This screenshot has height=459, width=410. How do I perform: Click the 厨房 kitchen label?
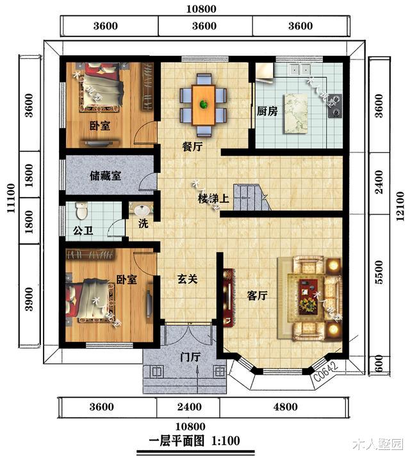[267, 111]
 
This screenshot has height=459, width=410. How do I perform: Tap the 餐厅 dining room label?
[192, 147]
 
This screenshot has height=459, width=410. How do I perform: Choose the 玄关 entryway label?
[187, 280]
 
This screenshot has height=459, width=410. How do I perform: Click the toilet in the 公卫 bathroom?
[81, 210]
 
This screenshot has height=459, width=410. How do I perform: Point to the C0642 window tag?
[326, 373]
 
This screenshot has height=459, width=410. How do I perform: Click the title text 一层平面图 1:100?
[193, 441]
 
